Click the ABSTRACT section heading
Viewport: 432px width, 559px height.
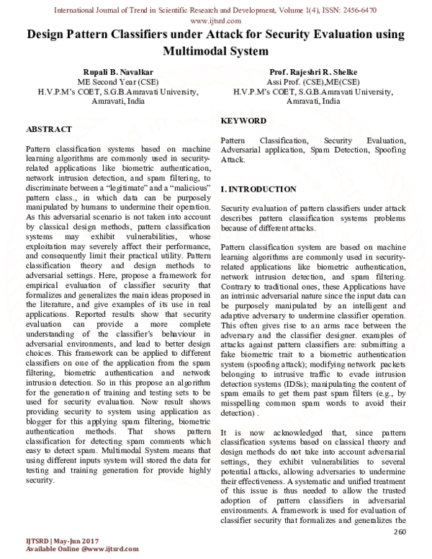[48, 129]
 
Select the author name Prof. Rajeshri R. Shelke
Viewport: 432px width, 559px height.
[313, 72]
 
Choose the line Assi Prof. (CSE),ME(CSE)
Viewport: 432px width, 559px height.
[313, 82]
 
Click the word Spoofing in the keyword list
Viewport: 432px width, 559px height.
[392, 148]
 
